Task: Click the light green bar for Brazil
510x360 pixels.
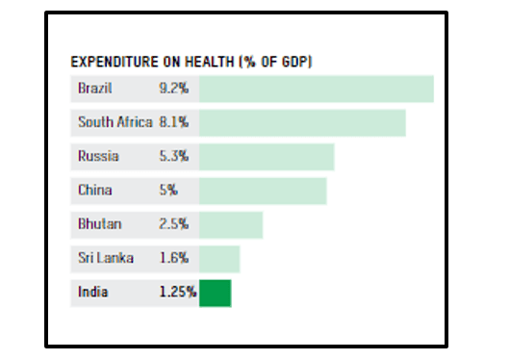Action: pyautogui.click(x=317, y=89)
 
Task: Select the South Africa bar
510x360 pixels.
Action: pyautogui.click(x=302, y=123)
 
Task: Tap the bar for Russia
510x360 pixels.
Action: pyautogui.click(x=267, y=157)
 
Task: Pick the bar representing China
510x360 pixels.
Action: pyautogui.click(x=263, y=191)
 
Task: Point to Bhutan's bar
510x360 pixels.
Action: pyautogui.click(x=231, y=224)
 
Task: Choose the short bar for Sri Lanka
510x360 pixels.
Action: pyautogui.click(x=219, y=258)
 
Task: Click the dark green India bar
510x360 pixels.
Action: pyautogui.click(x=216, y=293)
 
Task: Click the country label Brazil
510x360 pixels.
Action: pyautogui.click(x=95, y=89)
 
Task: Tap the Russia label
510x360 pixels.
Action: pyautogui.click(x=96, y=157)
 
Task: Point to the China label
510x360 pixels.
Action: pyautogui.click(x=93, y=191)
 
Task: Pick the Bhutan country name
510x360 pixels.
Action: pyautogui.click(x=98, y=224)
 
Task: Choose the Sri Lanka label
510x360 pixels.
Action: pyautogui.click(x=106, y=258)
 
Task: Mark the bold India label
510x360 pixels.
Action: pyautogui.click(x=93, y=293)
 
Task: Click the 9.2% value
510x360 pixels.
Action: pyautogui.click(x=174, y=89)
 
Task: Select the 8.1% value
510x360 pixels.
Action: pyautogui.click(x=174, y=123)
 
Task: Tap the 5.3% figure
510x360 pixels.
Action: pyautogui.click(x=174, y=157)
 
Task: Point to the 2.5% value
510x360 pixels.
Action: pyautogui.click(x=174, y=224)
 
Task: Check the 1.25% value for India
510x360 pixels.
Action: pyautogui.click(x=178, y=293)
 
